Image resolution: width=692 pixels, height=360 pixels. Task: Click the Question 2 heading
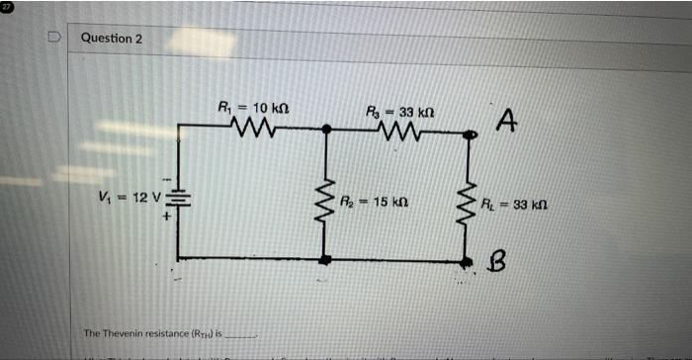(x=111, y=38)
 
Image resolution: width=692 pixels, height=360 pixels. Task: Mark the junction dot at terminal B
(x=468, y=261)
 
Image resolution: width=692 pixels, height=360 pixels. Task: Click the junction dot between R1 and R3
(x=326, y=129)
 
